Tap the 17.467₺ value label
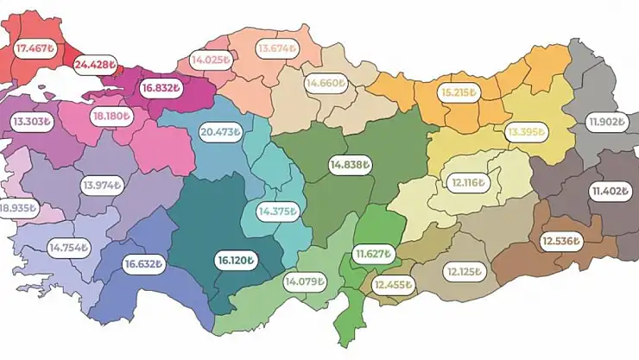[x=35, y=50]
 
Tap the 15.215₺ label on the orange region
[x=462, y=91]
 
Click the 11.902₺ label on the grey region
[x=607, y=122]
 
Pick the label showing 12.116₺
[x=468, y=183]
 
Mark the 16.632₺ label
[x=143, y=264]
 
